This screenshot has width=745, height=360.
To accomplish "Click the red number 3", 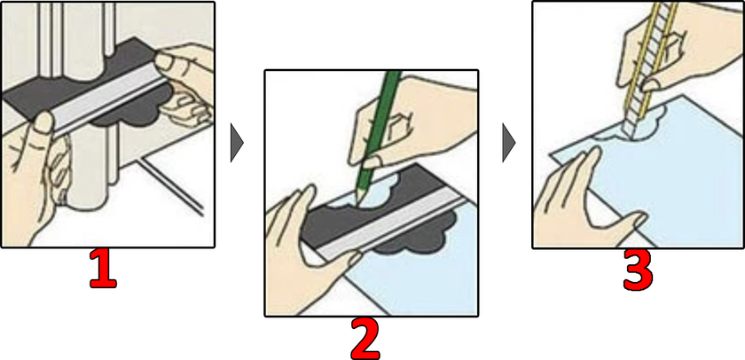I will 638,270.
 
